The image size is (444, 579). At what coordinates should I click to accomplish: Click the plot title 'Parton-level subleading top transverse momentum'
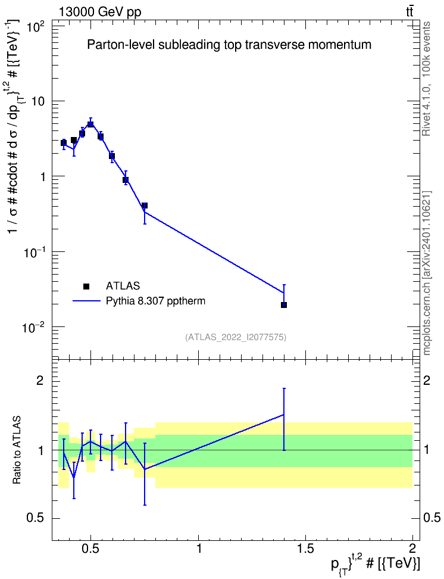pyautogui.click(x=229, y=45)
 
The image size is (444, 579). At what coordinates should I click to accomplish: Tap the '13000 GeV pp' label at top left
pyautogui.click(x=100, y=12)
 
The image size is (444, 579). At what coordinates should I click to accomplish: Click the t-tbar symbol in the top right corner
pyautogui.click(x=409, y=11)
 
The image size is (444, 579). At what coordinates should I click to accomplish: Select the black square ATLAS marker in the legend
pyautogui.click(x=86, y=286)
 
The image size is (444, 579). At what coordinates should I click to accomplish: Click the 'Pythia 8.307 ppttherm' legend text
pyautogui.click(x=155, y=301)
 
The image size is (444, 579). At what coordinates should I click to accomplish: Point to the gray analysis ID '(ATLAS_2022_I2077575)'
pyautogui.click(x=236, y=337)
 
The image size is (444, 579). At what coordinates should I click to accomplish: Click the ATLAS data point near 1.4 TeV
pyautogui.click(x=284, y=304)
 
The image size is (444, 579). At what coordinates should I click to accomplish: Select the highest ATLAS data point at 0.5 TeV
pyautogui.click(x=90, y=124)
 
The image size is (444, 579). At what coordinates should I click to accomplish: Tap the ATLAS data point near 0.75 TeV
pyautogui.click(x=145, y=206)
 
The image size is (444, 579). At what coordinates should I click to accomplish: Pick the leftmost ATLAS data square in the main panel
pyautogui.click(x=64, y=143)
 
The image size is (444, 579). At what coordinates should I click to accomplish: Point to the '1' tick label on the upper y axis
pyautogui.click(x=42, y=177)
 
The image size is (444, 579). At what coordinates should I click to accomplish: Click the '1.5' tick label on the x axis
pyautogui.click(x=305, y=549)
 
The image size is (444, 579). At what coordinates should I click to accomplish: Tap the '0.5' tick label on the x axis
pyautogui.click(x=91, y=549)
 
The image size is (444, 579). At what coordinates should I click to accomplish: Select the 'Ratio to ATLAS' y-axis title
pyautogui.click(x=17, y=450)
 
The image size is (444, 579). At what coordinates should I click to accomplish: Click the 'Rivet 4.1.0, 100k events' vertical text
pyautogui.click(x=426, y=79)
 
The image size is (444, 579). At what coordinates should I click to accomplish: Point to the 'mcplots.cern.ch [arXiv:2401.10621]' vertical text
pyautogui.click(x=426, y=273)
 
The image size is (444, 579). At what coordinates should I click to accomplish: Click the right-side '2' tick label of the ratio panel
pyautogui.click(x=426, y=381)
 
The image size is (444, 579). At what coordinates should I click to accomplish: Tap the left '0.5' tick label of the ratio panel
pyautogui.click(x=36, y=518)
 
